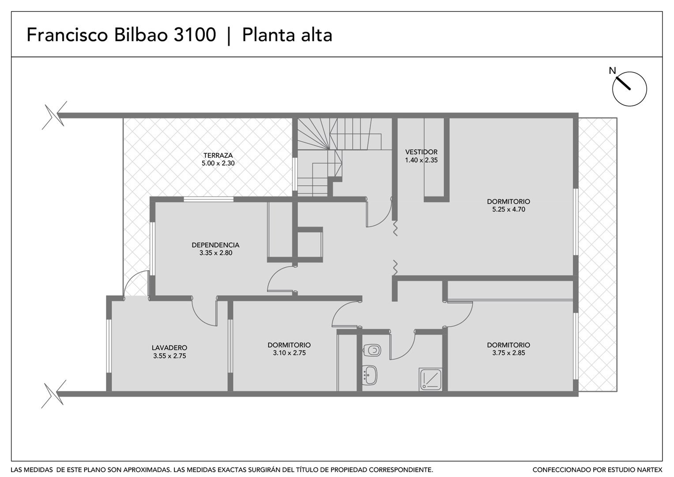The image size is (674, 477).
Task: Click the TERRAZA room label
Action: click(218, 155)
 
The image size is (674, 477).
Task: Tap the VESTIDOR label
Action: click(421, 152)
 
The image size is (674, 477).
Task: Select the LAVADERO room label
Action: click(169, 348)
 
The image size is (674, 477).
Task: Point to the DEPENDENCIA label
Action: click(215, 245)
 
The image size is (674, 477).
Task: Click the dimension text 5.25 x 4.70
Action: click(508, 209)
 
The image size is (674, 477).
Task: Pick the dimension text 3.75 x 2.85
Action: click(508, 352)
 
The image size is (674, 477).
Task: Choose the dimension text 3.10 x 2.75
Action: click(289, 352)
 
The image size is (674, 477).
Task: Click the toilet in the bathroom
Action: click(372, 350)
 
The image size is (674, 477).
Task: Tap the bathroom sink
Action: click(370, 375)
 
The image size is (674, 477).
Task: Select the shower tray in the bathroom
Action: click(431, 379)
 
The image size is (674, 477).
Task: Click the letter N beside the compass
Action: click(612, 71)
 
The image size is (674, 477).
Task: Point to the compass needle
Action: click(623, 83)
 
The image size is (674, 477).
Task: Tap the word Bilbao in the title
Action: click(141, 34)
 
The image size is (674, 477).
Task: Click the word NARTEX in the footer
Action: click(650, 469)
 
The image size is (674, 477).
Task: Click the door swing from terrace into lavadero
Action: click(136, 283)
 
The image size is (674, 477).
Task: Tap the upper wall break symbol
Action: click(55, 115)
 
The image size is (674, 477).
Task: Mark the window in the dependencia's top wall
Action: click(208, 199)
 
